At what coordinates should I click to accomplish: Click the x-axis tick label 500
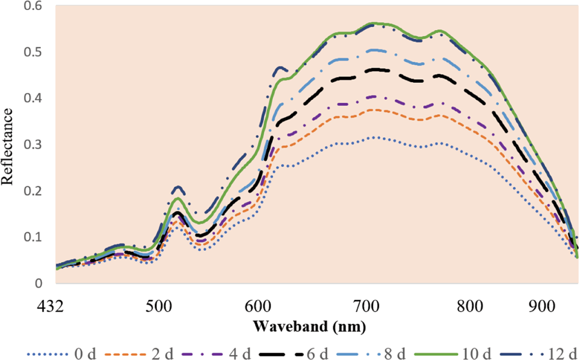click(159, 307)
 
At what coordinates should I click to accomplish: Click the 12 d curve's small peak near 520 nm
click(177, 187)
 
